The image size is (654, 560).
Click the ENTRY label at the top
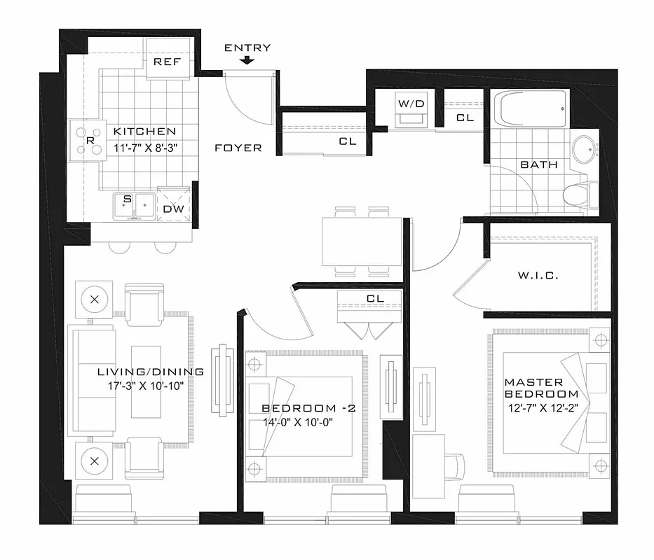(247, 48)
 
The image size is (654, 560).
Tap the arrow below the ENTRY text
(247, 61)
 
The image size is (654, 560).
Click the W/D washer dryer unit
(411, 109)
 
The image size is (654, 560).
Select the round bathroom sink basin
(584, 149)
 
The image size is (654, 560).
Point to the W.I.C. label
(538, 276)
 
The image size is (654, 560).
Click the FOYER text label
(238, 148)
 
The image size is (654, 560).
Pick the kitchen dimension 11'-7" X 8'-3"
(144, 148)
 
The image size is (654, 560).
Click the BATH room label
(539, 165)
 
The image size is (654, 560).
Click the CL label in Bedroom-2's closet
(376, 299)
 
